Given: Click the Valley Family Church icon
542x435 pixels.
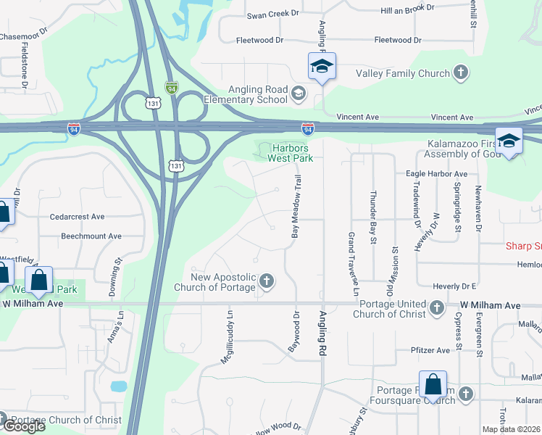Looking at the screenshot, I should [x=460, y=72].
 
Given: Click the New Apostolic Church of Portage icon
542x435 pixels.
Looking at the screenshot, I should [x=267, y=281].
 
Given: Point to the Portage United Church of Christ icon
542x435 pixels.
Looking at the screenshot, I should [x=437, y=308].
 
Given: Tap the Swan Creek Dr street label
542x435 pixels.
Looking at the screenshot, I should [x=273, y=14].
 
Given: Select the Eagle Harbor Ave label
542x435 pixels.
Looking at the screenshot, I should [x=437, y=174].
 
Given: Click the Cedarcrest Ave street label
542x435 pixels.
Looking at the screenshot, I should [x=77, y=216].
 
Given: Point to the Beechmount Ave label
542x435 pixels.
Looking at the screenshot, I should [x=91, y=236].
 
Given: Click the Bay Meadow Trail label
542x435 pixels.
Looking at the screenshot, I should [x=296, y=207].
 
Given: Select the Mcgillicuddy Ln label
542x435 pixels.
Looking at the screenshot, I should [x=230, y=337].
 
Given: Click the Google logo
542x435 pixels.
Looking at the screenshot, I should [x=23, y=426].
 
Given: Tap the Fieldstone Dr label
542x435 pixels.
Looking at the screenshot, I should [x=25, y=67].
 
